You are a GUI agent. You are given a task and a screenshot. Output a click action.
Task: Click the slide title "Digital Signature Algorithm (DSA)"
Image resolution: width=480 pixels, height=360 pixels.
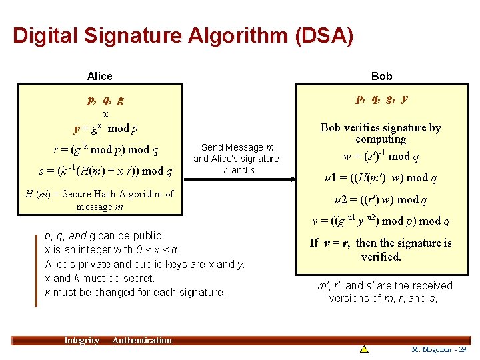click(x=183, y=35)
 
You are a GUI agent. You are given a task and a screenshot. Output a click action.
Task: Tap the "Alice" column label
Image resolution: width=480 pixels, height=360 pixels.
click(x=100, y=76)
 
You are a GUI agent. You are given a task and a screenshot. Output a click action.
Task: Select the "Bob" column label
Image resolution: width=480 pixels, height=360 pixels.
click(x=381, y=76)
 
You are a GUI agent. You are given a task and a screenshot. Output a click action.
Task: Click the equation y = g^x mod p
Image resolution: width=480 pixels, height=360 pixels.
click(x=105, y=128)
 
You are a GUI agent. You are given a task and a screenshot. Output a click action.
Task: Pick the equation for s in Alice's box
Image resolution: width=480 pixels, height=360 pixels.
click(x=105, y=171)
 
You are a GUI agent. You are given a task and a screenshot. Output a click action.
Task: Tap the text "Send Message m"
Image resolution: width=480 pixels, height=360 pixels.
click(x=237, y=147)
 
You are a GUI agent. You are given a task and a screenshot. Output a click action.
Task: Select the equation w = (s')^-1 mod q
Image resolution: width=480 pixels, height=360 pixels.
click(x=381, y=157)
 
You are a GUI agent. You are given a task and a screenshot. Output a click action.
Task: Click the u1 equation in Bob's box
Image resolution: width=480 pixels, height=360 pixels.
click(x=381, y=178)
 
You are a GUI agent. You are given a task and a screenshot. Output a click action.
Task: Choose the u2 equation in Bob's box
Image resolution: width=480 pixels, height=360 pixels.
click(x=381, y=199)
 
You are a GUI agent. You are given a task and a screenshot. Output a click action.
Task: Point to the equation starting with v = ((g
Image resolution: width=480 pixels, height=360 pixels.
click(x=381, y=221)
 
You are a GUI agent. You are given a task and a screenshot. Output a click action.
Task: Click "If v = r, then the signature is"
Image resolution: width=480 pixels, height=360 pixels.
click(x=381, y=243)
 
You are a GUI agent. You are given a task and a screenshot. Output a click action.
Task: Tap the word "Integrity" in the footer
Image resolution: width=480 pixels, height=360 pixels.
click(x=81, y=341)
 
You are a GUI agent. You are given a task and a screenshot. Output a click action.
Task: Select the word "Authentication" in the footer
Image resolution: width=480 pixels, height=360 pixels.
click(x=142, y=341)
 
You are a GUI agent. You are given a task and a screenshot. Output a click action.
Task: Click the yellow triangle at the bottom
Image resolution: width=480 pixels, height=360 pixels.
click(x=364, y=349)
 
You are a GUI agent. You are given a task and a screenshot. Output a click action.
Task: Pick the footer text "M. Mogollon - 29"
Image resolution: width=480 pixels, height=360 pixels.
click(x=439, y=349)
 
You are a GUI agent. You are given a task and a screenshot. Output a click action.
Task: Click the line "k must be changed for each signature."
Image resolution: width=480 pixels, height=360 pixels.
click(x=135, y=292)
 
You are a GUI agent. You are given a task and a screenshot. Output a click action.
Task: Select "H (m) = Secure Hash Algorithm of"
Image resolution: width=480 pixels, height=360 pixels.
click(x=99, y=194)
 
